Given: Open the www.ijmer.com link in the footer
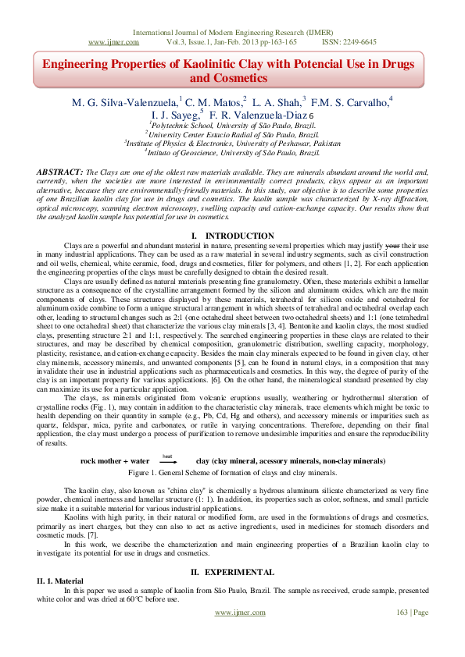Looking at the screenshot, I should click(x=237, y=612).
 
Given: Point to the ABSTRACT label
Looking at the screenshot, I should click(x=59, y=171).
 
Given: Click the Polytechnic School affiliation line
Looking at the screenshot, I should click(x=232, y=125).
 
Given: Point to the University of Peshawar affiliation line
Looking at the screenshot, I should click(x=232, y=144).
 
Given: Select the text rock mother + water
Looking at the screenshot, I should click(x=115, y=461).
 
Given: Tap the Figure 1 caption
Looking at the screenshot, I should click(x=232, y=473).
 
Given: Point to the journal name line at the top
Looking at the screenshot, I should click(x=232, y=32).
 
